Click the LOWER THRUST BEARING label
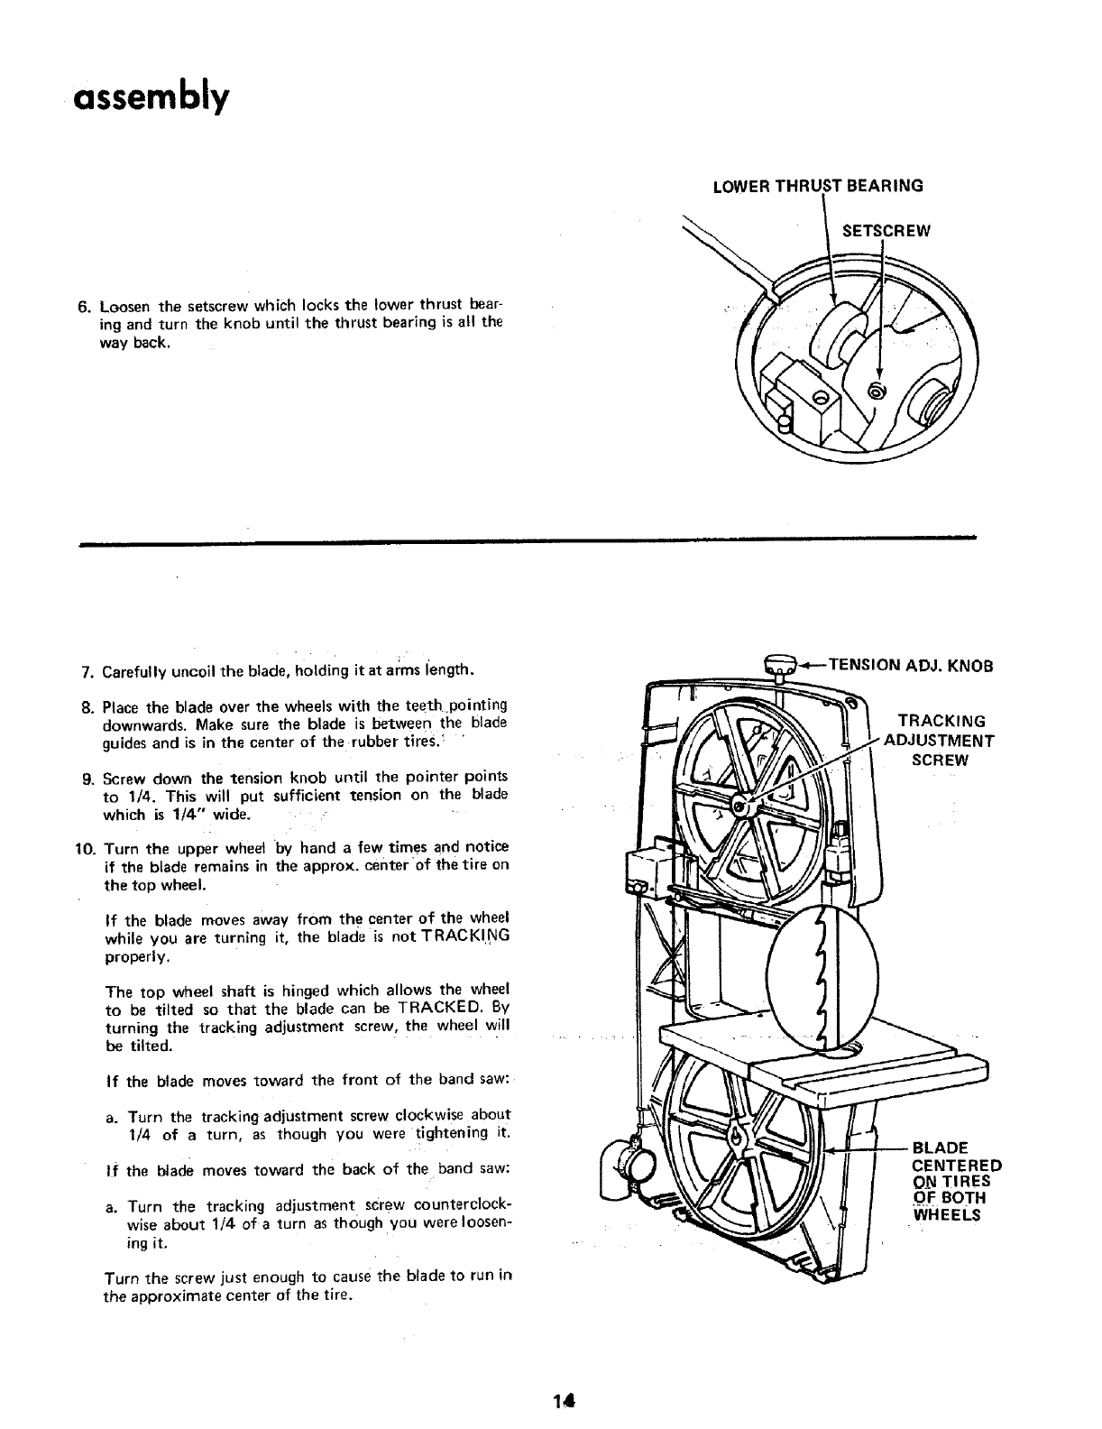(818, 187)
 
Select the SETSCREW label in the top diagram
(885, 230)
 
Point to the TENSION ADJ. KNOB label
(910, 667)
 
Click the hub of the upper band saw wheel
(739, 805)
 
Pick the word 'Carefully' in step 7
(133, 673)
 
